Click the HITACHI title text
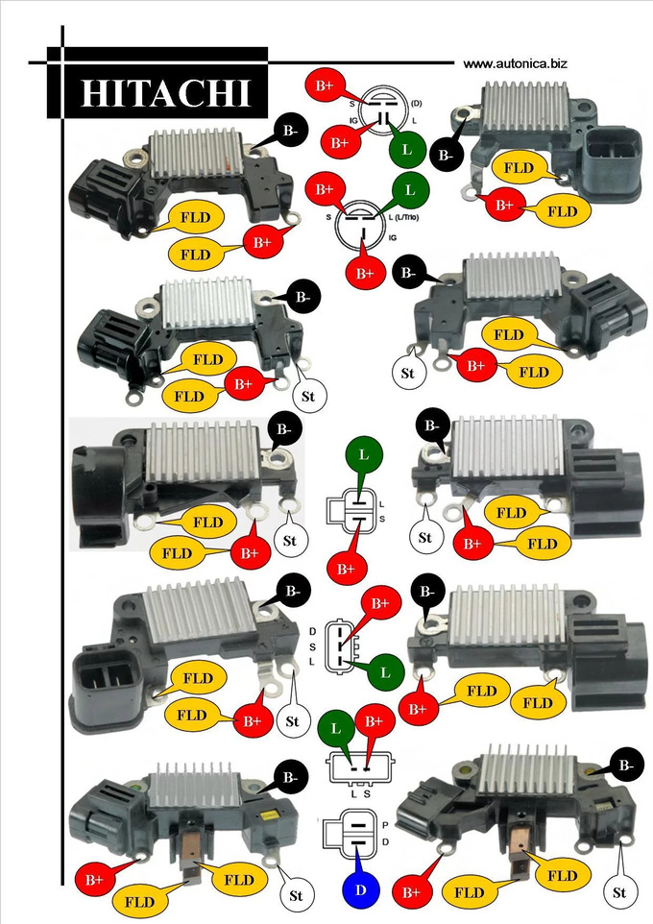point(165,93)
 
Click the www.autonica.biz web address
point(515,63)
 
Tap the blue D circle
point(361,889)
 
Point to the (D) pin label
point(416,104)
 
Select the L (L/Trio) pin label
point(403,217)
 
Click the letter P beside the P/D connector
point(385,825)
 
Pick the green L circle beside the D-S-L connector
point(385,672)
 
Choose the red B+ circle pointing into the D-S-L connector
point(380,603)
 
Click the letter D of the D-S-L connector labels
point(312,632)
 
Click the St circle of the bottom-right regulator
point(619,892)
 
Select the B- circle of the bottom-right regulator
point(626,766)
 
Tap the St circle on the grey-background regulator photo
point(289,541)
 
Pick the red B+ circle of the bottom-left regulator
point(94,879)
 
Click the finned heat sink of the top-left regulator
point(196,152)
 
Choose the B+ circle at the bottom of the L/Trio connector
point(366,273)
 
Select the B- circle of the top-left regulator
point(290,132)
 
